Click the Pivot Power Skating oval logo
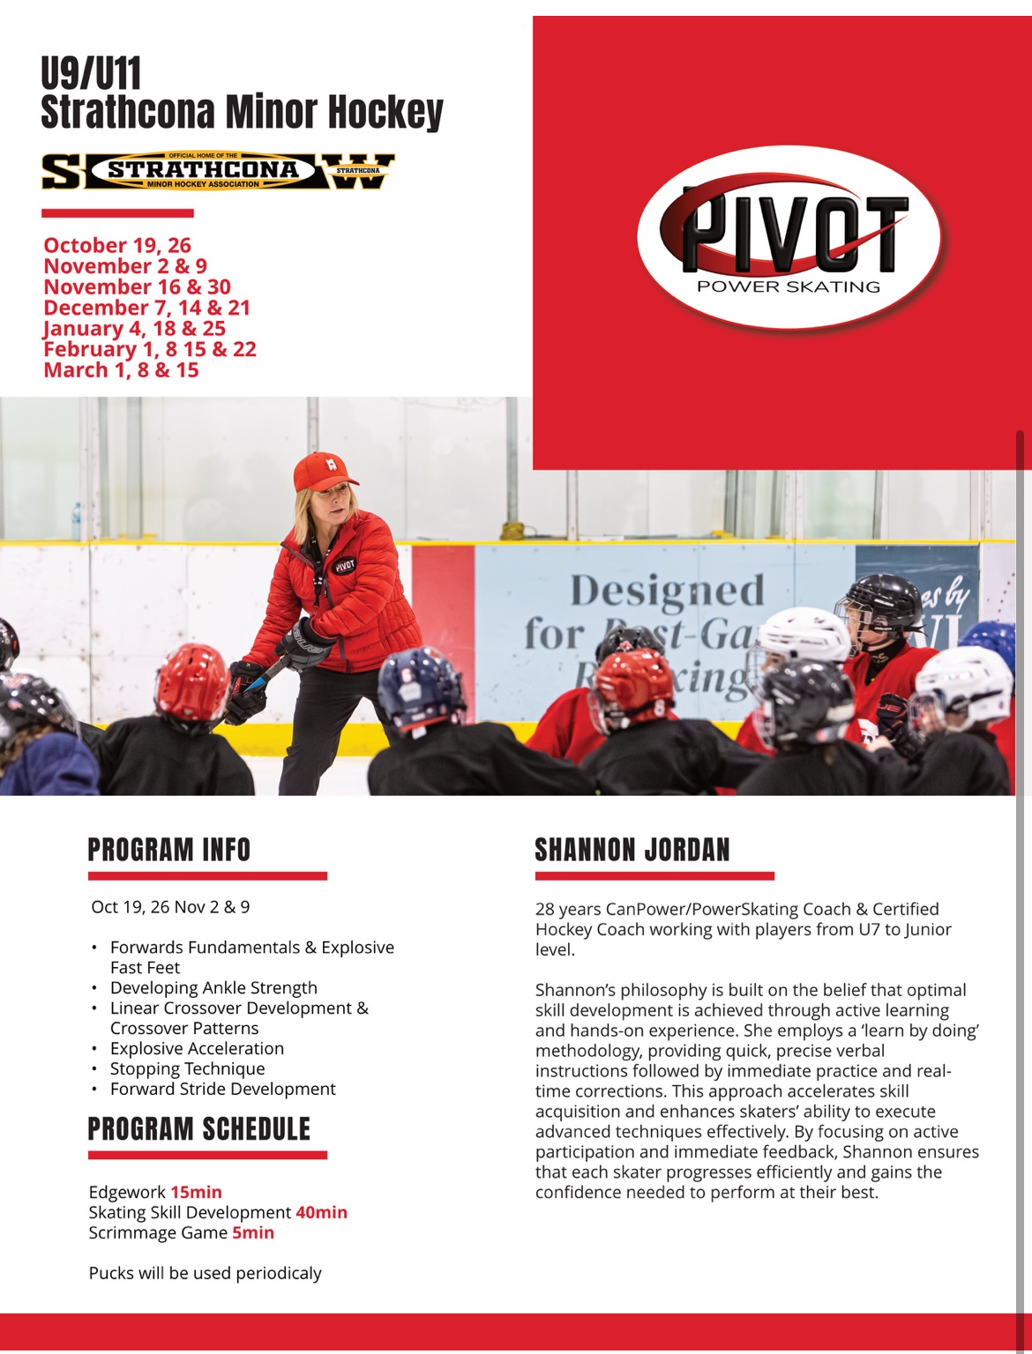(789, 235)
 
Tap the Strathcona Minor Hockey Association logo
(218, 171)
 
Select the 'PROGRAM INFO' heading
(169, 850)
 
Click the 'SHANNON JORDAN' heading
(632, 850)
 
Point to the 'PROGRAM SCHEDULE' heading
(199, 1129)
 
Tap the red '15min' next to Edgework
(196, 1192)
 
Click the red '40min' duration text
(321, 1212)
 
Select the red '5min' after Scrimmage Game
(253, 1232)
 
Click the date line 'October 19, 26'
(117, 245)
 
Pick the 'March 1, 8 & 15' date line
(122, 370)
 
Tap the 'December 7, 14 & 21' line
(147, 308)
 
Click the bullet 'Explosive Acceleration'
(197, 1048)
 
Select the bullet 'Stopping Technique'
(187, 1068)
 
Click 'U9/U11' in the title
(91, 74)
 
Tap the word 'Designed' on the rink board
(668, 591)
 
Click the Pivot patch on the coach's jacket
(345, 565)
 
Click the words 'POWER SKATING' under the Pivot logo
(789, 286)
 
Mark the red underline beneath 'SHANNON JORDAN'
(654, 876)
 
